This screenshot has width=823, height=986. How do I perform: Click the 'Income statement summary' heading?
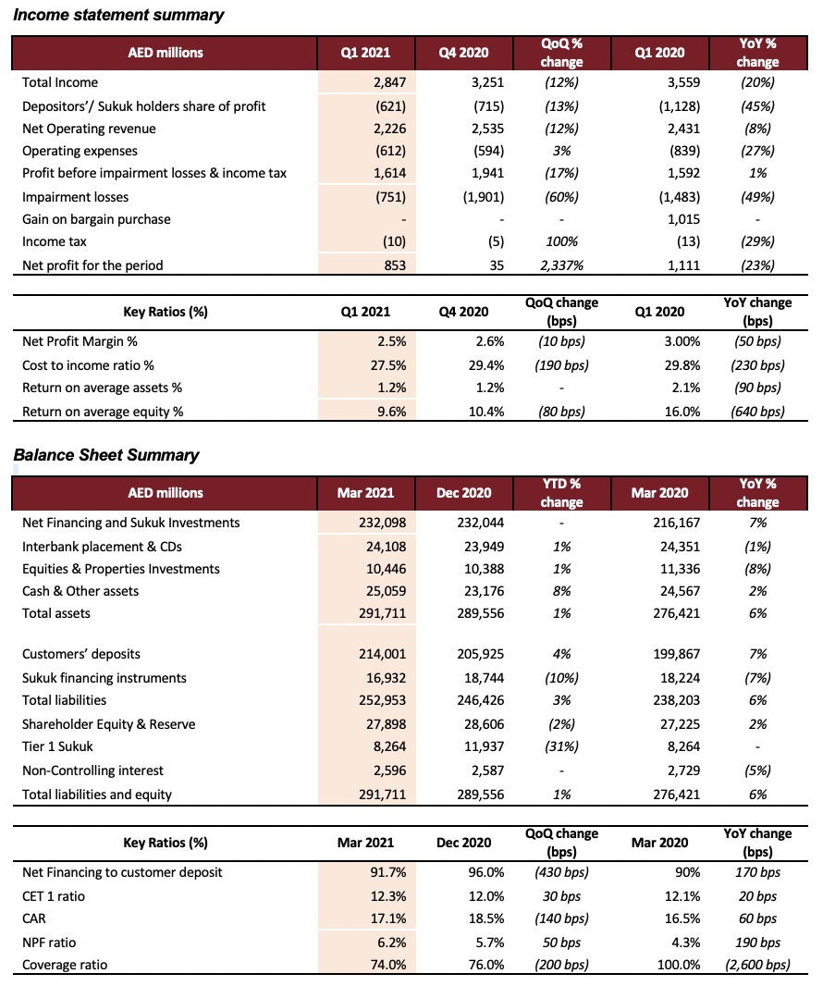tap(118, 15)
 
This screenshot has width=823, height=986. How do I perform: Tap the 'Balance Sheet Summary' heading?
tap(106, 455)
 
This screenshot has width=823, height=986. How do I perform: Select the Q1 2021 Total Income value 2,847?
tap(390, 82)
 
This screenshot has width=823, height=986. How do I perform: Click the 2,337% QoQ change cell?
tap(561, 265)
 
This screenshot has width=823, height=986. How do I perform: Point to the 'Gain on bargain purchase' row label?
tap(96, 219)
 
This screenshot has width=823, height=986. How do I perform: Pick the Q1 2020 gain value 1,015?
tap(683, 219)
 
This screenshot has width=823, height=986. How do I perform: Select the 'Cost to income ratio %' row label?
tap(88, 365)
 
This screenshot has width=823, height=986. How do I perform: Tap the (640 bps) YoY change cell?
tap(757, 412)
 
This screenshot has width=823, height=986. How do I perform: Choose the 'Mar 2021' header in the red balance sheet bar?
tap(365, 493)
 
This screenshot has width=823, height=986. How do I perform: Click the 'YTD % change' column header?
tap(561, 493)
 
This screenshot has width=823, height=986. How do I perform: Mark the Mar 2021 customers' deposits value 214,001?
tap(382, 654)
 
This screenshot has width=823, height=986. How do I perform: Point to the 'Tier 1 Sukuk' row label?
tap(57, 746)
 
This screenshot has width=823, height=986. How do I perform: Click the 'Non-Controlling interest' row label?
tap(92, 770)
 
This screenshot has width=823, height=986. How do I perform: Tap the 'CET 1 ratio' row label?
tap(54, 896)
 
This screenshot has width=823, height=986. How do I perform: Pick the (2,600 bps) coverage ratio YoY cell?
tap(757, 965)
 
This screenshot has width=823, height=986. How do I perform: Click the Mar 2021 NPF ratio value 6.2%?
tap(392, 943)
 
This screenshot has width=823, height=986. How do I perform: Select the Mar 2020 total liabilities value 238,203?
tap(677, 700)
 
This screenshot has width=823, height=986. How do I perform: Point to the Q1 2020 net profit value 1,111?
tap(683, 265)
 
